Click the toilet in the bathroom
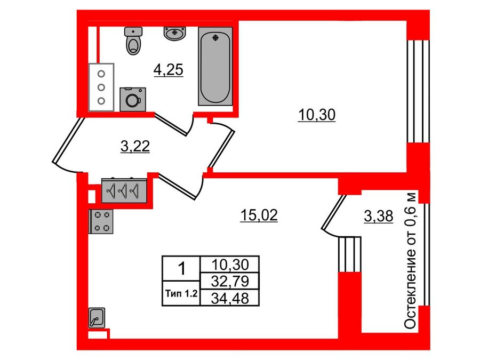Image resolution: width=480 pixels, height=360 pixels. [133, 41]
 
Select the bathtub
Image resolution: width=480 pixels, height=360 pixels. [215, 66]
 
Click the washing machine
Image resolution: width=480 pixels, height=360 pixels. [131, 99]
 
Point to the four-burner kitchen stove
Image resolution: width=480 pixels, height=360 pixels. [102, 221]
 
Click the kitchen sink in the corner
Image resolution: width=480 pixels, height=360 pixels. [98, 318]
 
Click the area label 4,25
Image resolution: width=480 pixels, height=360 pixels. [169, 69]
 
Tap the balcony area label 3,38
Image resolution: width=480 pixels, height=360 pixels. [378, 216]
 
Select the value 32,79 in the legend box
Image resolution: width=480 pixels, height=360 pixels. [228, 281]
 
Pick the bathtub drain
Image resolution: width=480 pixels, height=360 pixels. [215, 37]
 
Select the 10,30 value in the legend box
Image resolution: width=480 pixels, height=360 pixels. [228, 264]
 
